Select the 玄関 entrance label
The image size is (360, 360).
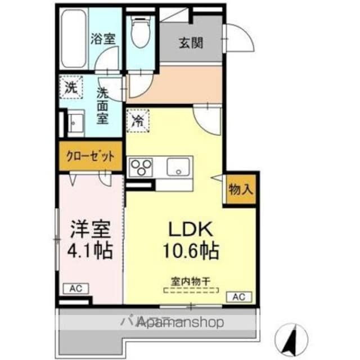[191, 43]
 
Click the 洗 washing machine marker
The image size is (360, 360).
[70, 88]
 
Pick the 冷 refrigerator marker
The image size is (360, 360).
[137, 120]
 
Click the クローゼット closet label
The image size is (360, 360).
[91, 157]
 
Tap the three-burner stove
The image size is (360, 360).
[142, 167]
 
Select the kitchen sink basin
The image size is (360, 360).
[179, 166]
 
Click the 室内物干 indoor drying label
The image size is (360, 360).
[191, 280]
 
